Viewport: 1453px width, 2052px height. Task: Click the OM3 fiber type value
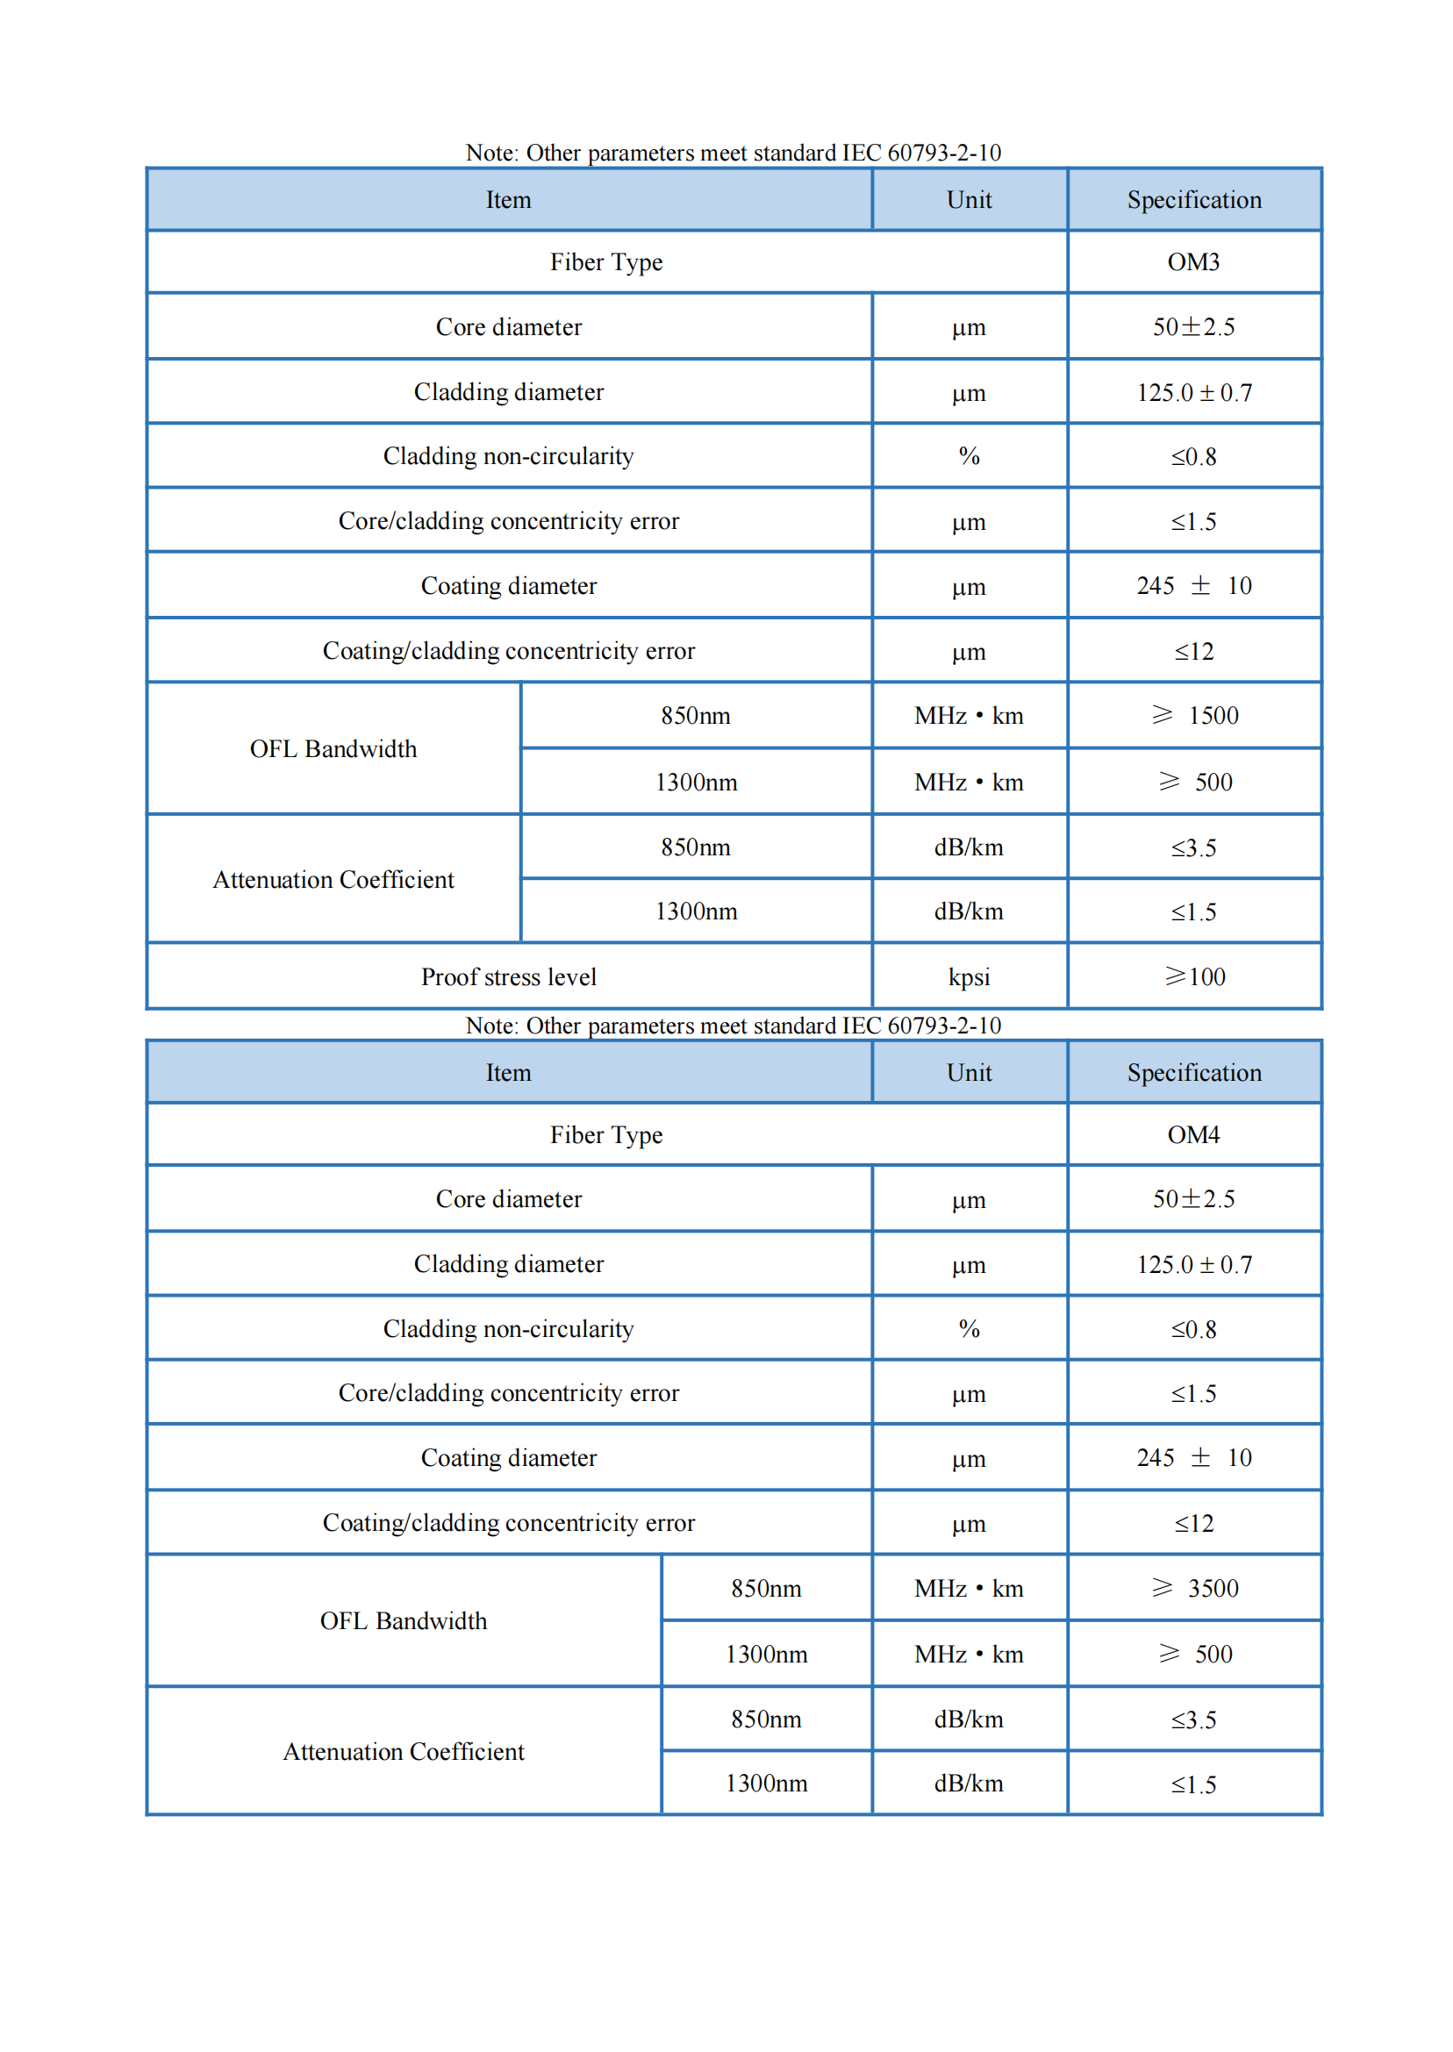(x=1192, y=262)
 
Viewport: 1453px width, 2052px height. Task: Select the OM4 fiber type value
(x=1192, y=1134)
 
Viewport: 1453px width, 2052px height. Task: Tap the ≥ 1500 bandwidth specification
(x=1194, y=716)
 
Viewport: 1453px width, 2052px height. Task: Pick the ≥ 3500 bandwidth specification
(x=1194, y=1588)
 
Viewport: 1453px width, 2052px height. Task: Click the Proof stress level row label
(x=508, y=976)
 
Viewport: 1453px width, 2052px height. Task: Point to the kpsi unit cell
(x=969, y=976)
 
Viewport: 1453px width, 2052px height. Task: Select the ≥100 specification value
(x=1194, y=976)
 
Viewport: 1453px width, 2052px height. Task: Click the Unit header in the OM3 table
(x=969, y=199)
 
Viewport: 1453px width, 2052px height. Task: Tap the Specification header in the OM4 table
(x=1194, y=1073)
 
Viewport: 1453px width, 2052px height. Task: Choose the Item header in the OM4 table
(x=508, y=1073)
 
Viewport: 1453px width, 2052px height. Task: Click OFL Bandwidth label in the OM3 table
(x=333, y=748)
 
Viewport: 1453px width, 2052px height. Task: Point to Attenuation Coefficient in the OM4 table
(x=404, y=1751)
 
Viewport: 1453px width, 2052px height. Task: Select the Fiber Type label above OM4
(x=605, y=1134)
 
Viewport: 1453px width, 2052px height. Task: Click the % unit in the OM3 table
(x=969, y=456)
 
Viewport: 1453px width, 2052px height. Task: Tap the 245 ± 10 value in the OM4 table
(x=1194, y=1458)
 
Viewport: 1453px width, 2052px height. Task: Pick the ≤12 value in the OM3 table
(x=1194, y=651)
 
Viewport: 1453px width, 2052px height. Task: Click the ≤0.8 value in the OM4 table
(x=1194, y=1329)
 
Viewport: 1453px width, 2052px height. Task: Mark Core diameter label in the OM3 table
(x=508, y=327)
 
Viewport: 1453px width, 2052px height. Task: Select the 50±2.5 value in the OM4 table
(x=1194, y=1198)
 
